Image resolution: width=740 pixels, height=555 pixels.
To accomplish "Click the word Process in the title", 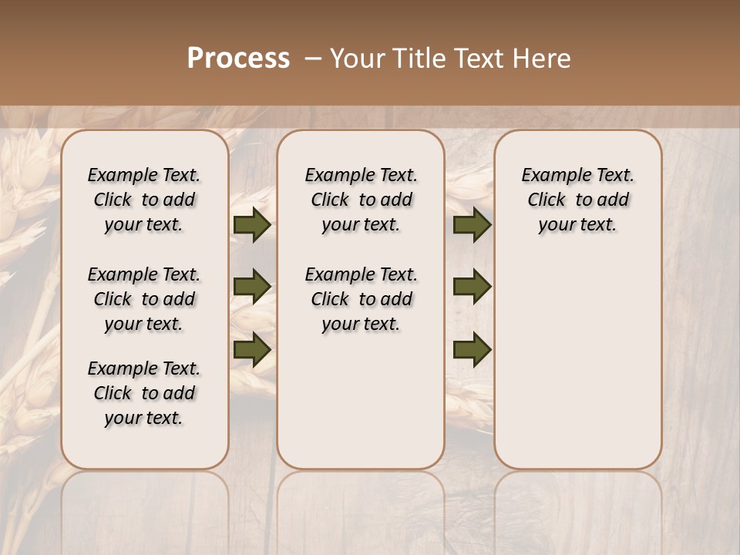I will click(238, 59).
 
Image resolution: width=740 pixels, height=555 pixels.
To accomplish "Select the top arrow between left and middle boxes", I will click(252, 225).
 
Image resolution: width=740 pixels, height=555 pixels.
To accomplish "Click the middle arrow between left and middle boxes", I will click(252, 288).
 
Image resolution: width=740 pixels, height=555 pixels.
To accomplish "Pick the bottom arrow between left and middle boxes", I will click(252, 349).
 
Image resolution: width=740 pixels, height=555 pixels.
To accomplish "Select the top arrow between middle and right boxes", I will click(472, 225).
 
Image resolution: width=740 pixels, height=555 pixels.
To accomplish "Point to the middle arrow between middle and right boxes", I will click(472, 287).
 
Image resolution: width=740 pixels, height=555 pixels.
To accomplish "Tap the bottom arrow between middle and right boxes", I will click(472, 349).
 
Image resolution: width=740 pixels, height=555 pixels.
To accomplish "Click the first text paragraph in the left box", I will click(144, 200).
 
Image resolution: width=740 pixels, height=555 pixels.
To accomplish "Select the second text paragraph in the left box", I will click(144, 299).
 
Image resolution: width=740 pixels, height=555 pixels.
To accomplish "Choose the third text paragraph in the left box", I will click(144, 393).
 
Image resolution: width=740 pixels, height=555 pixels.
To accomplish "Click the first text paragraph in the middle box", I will click(361, 200).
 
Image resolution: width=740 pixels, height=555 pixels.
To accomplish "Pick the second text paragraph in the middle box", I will click(361, 299).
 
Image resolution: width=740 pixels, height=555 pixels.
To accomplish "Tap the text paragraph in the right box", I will click(578, 200).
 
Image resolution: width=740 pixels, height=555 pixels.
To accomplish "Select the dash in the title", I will click(313, 59).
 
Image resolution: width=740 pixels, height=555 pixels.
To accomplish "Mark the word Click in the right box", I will click(547, 200).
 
